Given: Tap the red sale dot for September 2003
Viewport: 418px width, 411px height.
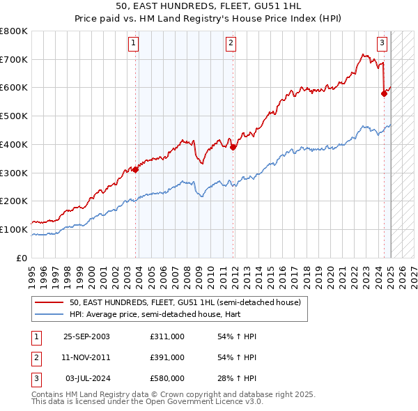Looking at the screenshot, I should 136,169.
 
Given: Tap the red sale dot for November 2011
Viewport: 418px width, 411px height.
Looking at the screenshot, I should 233,147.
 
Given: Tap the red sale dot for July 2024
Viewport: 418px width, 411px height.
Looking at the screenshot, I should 384,93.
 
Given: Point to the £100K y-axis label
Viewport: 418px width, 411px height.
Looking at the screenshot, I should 14,229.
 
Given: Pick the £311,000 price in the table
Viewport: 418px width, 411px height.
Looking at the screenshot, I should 167,336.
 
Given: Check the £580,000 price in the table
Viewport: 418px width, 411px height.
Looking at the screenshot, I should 167,378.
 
